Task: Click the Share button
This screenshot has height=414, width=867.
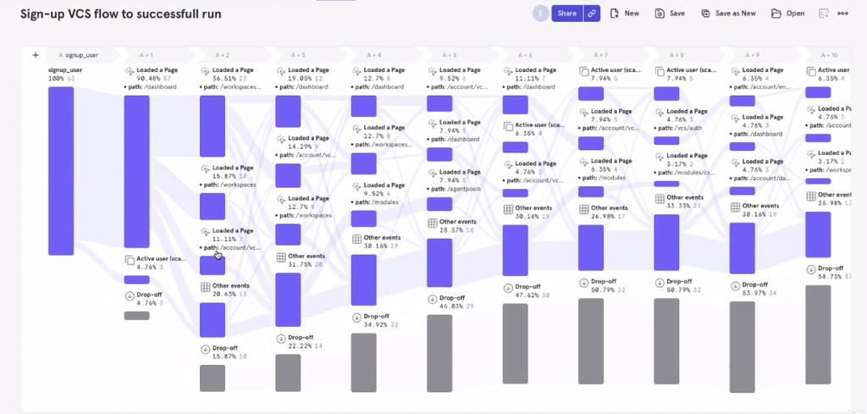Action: tap(566, 14)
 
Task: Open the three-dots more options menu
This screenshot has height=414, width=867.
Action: tap(842, 14)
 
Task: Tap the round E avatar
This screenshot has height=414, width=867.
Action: tap(540, 14)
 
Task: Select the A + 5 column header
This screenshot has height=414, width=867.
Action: tap(448, 55)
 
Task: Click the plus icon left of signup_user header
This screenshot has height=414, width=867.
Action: tap(36, 55)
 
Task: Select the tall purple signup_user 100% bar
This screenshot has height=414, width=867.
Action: tap(60, 170)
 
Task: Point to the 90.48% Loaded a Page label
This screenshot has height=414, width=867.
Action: tap(154, 75)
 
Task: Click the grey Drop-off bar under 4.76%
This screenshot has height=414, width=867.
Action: tap(136, 315)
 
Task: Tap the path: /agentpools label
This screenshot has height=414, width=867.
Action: tap(458, 189)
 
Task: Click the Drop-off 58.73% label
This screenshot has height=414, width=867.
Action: tap(835, 273)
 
